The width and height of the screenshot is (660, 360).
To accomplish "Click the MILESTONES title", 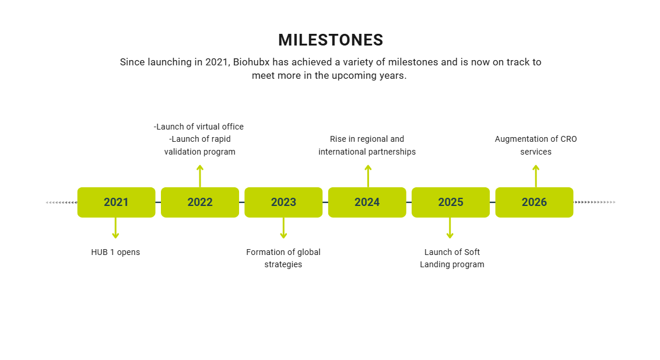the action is click(x=331, y=40).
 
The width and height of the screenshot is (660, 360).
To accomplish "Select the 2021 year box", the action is click(x=116, y=202).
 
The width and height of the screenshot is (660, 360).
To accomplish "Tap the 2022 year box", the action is click(x=200, y=202).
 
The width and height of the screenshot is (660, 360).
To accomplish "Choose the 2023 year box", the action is click(x=283, y=202).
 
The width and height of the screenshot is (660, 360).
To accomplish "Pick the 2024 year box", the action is click(x=367, y=202).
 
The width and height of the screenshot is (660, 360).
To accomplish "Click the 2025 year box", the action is click(x=451, y=202).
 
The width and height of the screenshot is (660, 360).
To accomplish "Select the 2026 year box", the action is click(x=534, y=202).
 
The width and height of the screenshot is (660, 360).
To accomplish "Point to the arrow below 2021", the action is click(x=115, y=228).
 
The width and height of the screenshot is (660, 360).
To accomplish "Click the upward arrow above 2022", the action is click(x=200, y=176).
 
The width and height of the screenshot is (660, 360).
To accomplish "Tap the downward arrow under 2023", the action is click(x=283, y=228).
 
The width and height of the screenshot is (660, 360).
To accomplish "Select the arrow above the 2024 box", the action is click(x=368, y=176).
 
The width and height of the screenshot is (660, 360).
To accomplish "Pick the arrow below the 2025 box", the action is click(x=450, y=228).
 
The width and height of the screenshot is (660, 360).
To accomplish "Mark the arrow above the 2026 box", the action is click(x=536, y=176).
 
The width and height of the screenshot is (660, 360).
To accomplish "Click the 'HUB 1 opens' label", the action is click(x=115, y=252).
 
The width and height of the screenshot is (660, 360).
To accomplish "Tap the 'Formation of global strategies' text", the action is click(x=283, y=258).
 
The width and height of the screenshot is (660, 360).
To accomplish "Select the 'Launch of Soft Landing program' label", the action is click(x=452, y=258).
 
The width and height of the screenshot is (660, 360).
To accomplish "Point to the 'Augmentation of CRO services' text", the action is click(x=536, y=145).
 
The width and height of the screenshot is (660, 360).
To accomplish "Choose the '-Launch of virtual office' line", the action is click(x=199, y=127).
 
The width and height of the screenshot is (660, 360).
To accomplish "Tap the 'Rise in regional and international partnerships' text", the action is click(x=367, y=145).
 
